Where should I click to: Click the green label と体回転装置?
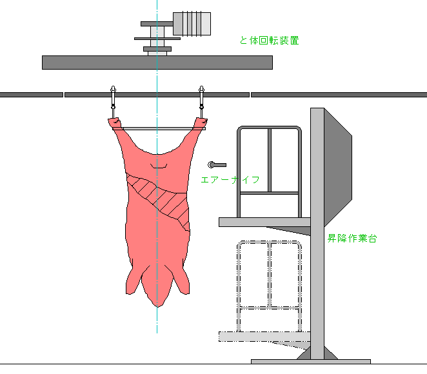[x=269, y=41]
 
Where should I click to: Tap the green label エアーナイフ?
[x=230, y=180]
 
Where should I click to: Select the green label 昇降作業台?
[x=352, y=238]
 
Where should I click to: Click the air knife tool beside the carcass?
[x=216, y=165]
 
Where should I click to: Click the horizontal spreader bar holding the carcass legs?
[x=158, y=128]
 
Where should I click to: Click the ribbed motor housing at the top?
[x=192, y=23]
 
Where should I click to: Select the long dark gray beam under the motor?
[x=157, y=62]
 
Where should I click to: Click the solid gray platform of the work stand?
[x=264, y=222]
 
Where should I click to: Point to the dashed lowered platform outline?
[x=264, y=336]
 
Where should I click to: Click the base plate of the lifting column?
[x=310, y=362]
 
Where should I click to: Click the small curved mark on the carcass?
[x=159, y=167]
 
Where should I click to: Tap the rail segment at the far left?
[x=31, y=95]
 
